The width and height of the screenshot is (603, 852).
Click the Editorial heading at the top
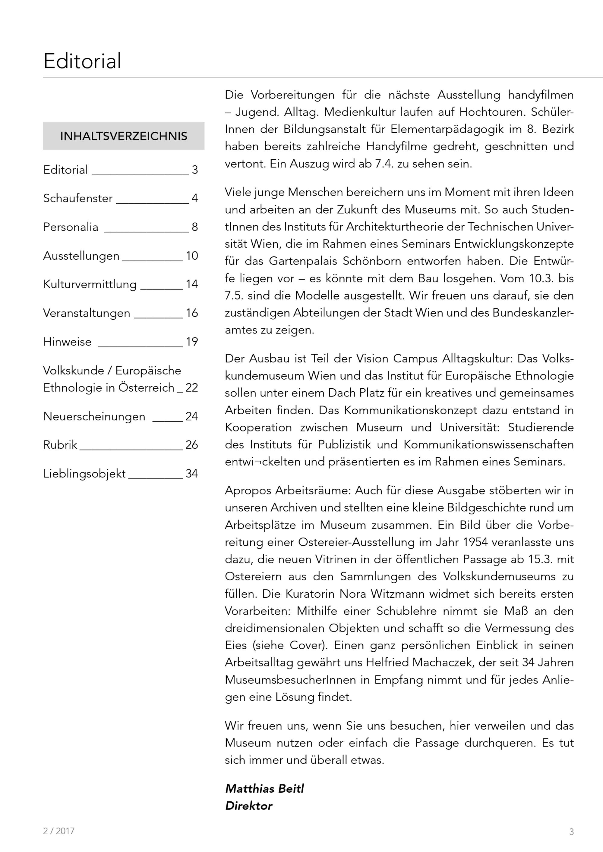[82, 61]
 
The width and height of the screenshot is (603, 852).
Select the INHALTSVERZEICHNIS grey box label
[124, 136]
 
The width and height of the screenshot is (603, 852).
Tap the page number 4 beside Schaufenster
[194, 198]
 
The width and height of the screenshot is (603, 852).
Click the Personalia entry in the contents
[71, 227]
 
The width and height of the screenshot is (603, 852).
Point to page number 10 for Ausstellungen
[192, 256]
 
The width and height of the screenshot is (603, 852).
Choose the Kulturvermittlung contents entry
[90, 284]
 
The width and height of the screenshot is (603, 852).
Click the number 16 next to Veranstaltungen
[192, 313]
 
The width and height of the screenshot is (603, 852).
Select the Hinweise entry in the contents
[67, 342]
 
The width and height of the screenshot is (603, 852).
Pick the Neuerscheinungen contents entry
[94, 416]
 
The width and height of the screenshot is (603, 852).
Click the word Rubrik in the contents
[60, 445]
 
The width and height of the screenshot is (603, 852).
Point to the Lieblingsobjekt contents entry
[84, 474]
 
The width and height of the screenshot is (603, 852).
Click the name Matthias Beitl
[264, 788]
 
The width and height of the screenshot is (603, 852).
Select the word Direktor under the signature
[249, 806]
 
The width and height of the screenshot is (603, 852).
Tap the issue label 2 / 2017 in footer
[59, 831]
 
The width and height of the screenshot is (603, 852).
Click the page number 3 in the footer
[571, 832]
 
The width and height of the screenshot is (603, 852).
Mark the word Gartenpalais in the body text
[303, 261]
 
